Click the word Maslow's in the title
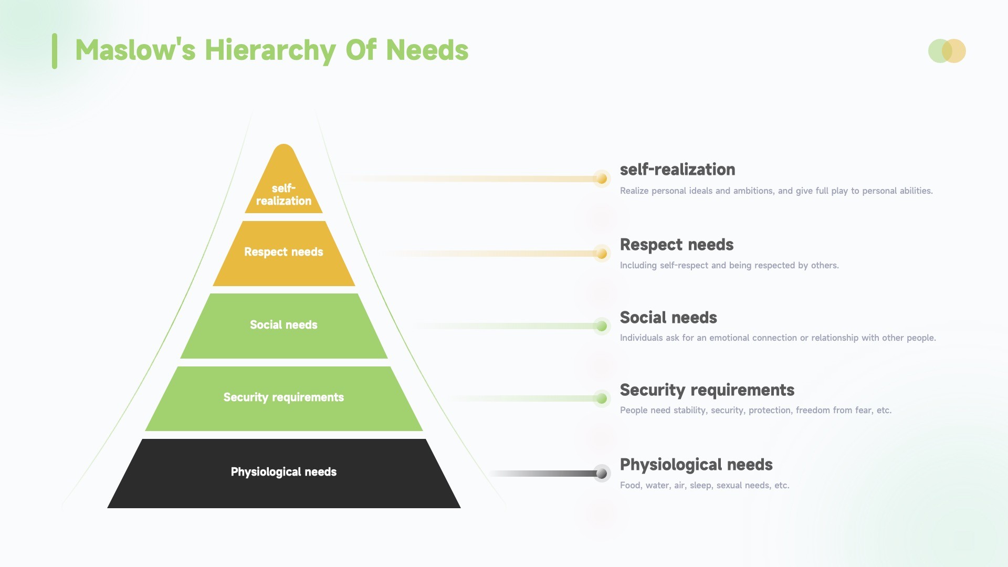click(135, 50)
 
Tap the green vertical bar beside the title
click(55, 51)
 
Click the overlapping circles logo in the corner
click(947, 51)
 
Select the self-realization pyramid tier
click(283, 181)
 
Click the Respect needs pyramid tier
click(283, 254)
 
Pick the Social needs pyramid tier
click(283, 326)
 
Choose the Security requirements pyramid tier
click(283, 398)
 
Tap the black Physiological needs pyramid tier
click(283, 474)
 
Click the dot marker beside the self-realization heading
click(602, 179)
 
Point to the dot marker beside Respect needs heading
click(602, 254)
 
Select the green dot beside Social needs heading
click(602, 327)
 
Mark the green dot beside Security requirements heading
click(602, 399)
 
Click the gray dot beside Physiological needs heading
click(602, 474)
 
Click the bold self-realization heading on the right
click(678, 170)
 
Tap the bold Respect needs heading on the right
click(677, 245)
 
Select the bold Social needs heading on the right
click(668, 318)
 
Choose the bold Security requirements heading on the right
click(707, 391)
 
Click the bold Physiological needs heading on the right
click(696, 465)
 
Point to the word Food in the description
click(630, 486)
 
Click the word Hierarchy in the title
click(270, 51)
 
